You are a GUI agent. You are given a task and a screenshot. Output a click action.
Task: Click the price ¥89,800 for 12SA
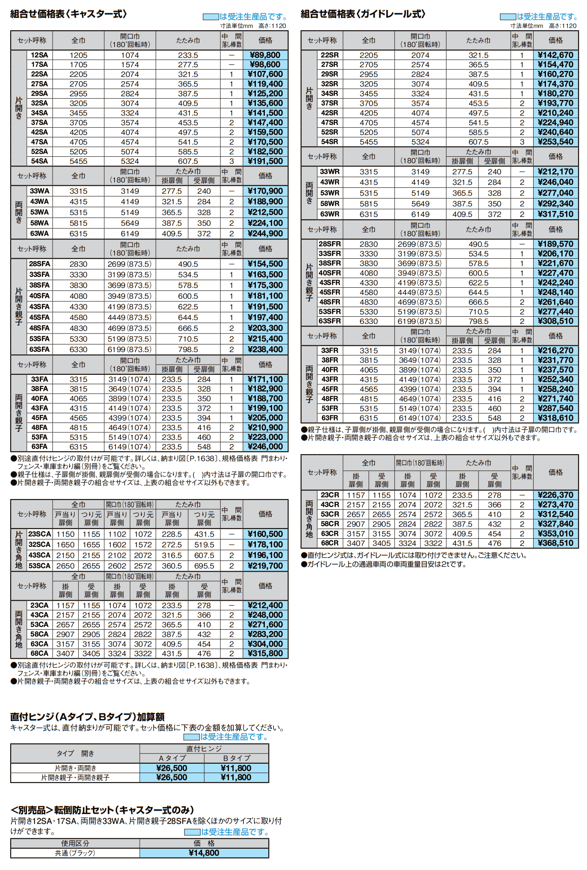click(x=265, y=55)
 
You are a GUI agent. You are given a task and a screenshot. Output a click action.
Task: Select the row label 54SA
click(x=39, y=161)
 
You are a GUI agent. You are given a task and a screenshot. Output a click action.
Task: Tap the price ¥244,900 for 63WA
click(x=265, y=234)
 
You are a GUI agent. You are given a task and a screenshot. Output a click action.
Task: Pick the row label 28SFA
click(x=39, y=264)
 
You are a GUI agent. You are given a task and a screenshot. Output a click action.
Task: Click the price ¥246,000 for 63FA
click(x=265, y=447)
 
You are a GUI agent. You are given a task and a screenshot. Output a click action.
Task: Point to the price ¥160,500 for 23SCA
click(x=265, y=534)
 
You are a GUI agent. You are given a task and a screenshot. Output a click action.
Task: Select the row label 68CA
click(x=39, y=653)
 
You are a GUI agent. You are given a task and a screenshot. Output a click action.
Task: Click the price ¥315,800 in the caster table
click(x=265, y=653)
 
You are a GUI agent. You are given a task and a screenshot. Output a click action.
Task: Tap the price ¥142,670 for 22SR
click(x=555, y=55)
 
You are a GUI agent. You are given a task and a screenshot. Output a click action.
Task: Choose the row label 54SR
click(x=329, y=142)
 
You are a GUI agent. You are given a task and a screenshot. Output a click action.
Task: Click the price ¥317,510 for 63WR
click(x=555, y=214)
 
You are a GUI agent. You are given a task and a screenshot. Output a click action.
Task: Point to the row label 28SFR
click(x=329, y=244)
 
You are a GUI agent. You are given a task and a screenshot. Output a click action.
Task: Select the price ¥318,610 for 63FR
click(x=555, y=418)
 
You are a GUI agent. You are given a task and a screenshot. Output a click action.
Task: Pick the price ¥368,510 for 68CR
click(x=555, y=543)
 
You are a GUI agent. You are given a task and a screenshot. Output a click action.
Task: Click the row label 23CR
click(x=329, y=495)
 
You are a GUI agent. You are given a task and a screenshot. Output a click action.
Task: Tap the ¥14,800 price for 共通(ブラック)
click(x=204, y=853)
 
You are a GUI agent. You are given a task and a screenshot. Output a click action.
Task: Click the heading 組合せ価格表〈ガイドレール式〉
click(x=363, y=14)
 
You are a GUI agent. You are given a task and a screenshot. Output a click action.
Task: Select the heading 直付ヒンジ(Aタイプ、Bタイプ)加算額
click(x=87, y=717)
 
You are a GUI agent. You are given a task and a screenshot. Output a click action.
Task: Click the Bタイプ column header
click(x=236, y=758)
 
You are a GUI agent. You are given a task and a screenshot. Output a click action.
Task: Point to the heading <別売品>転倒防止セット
click(x=102, y=810)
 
